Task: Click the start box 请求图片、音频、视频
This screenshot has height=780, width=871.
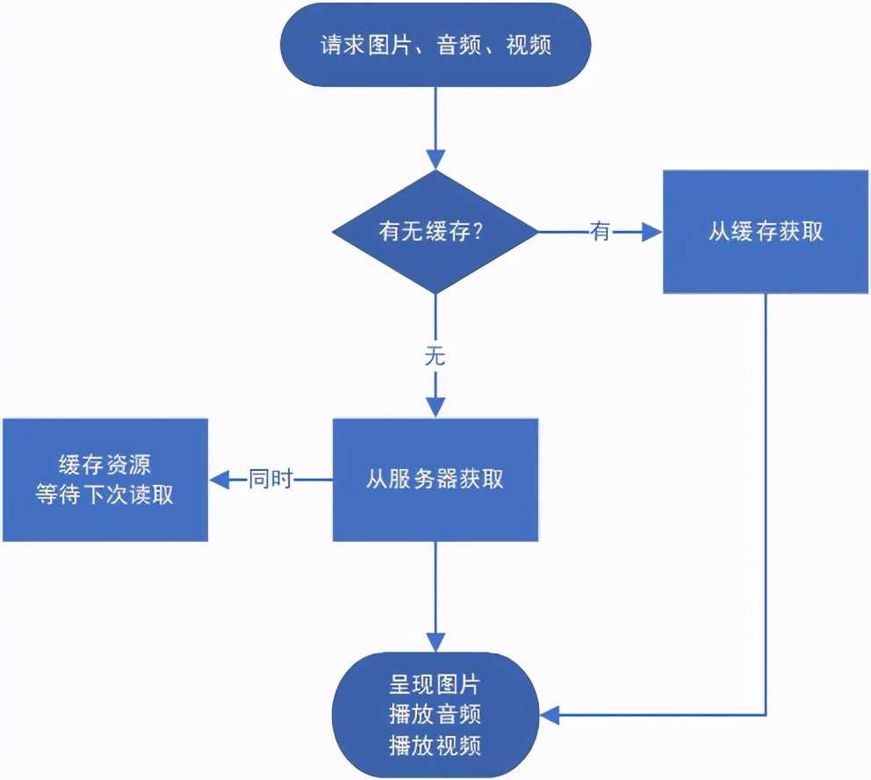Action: pos(435,45)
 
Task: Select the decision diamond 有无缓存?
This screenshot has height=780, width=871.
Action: pos(435,232)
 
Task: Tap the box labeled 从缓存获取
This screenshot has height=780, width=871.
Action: pos(766,232)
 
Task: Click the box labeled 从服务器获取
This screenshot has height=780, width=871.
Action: pos(435,480)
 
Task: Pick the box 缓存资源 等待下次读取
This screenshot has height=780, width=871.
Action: pos(104,480)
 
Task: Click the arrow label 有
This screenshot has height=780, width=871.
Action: pos(601,232)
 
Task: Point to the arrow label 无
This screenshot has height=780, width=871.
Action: pos(435,356)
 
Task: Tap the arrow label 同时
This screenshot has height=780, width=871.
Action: pos(270,480)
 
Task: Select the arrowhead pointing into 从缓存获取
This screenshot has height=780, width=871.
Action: pos(651,232)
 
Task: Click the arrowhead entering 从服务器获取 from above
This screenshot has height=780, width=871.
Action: pos(435,407)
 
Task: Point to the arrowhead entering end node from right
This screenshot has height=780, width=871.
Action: pos(550,714)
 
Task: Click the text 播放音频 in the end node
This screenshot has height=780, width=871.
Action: pos(435,714)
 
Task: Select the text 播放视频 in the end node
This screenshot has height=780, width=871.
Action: pos(435,745)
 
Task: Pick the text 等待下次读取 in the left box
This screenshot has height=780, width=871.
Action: pos(104,495)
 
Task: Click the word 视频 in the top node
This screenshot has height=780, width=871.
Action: pos(529,45)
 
